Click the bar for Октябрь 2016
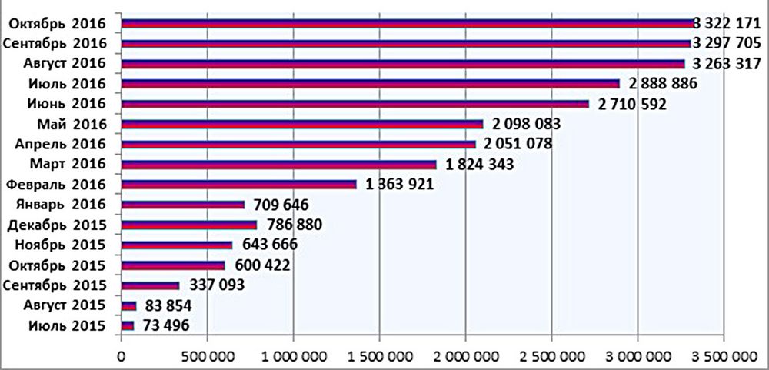click(408, 23)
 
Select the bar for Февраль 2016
click(238, 185)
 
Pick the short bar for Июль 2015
click(128, 325)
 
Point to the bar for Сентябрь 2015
click(150, 285)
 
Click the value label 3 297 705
click(731, 43)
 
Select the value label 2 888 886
click(659, 84)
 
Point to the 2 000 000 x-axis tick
click(465, 357)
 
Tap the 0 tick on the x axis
click(121, 357)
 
